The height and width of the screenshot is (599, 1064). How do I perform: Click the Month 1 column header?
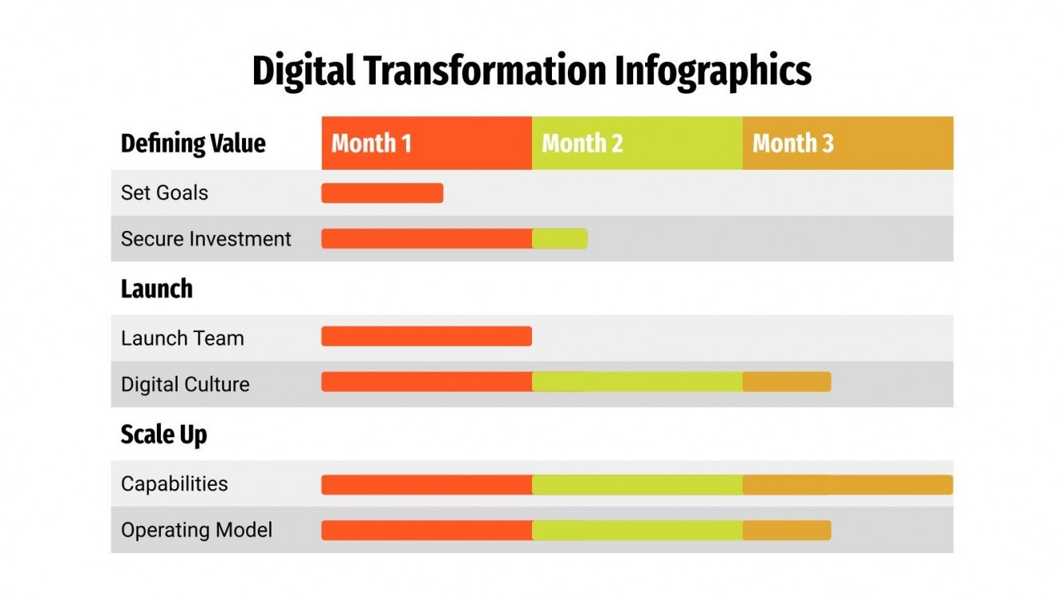tap(426, 143)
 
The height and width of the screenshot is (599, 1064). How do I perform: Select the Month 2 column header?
tap(637, 143)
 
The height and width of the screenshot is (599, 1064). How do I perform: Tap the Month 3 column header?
tap(847, 143)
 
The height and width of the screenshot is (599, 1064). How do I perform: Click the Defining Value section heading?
tap(193, 144)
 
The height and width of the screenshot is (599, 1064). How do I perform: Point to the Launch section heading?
tap(156, 288)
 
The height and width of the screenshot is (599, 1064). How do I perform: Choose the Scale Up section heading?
tap(163, 435)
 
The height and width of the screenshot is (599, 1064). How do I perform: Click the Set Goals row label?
tap(164, 193)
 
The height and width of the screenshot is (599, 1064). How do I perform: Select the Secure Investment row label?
tap(205, 239)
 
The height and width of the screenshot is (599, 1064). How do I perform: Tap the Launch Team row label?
tap(182, 338)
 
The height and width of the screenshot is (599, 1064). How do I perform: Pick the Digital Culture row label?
tap(185, 384)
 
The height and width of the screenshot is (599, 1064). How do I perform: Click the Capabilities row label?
tap(174, 484)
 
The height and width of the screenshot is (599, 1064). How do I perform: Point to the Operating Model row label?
tap(196, 530)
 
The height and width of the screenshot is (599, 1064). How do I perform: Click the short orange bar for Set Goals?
tap(382, 194)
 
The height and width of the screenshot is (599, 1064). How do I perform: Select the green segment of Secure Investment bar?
tap(560, 239)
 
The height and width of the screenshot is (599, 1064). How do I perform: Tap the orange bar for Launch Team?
tap(426, 336)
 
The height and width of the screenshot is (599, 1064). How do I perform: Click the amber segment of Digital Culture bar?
tap(787, 382)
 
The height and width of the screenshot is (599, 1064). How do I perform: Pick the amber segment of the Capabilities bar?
tap(847, 484)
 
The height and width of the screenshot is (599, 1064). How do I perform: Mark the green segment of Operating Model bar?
tap(637, 530)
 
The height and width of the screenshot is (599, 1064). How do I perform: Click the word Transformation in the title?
tap(483, 72)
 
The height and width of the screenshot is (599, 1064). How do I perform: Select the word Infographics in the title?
tap(713, 72)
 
